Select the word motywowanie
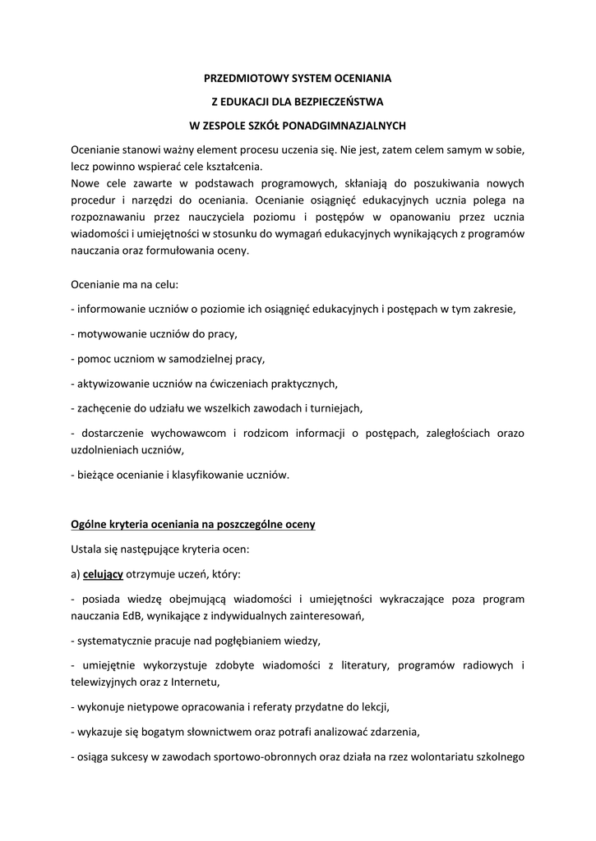pos(105,334)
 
